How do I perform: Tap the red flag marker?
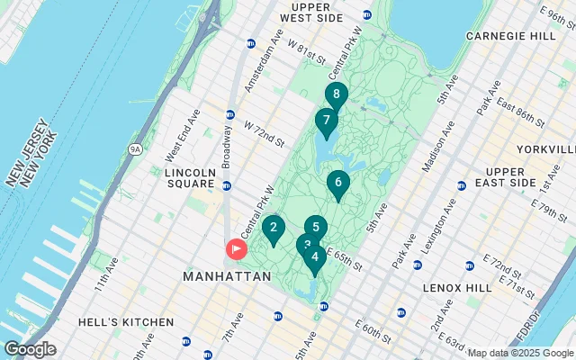click(x=236, y=247)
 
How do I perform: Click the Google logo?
click(x=29, y=349)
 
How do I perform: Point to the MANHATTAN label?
click(x=226, y=277)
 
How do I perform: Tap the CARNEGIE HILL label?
click(x=510, y=36)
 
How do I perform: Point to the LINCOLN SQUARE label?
click(x=190, y=178)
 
